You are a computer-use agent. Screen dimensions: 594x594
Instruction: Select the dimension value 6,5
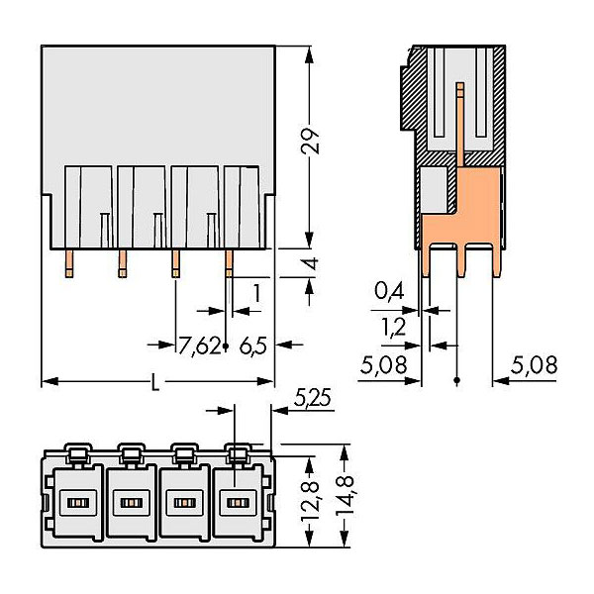[x=253, y=346]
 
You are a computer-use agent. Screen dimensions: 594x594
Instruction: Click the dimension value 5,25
[x=313, y=400]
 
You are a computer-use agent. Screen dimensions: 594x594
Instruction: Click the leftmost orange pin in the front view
[x=69, y=262]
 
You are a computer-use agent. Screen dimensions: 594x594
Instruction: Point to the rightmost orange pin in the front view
[x=229, y=262]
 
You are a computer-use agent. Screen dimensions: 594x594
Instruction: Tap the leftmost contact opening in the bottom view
[x=74, y=502]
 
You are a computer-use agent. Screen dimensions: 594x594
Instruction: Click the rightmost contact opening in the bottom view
[x=235, y=502]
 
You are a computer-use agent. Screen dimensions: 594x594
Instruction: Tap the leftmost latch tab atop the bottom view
[x=75, y=453]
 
